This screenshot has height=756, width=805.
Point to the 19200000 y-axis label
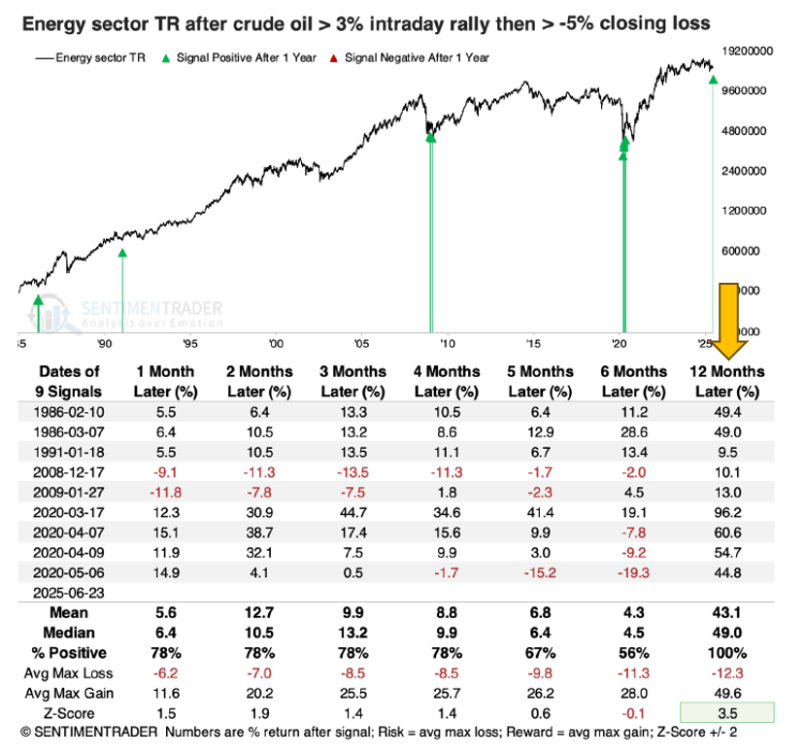coord(753,49)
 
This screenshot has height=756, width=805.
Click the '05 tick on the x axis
coord(360,343)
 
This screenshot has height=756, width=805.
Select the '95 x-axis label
coord(189,343)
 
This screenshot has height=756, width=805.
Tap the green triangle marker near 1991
coord(122,253)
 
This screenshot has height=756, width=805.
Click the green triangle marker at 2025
coord(713,80)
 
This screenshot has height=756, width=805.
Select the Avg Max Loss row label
coord(72,671)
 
